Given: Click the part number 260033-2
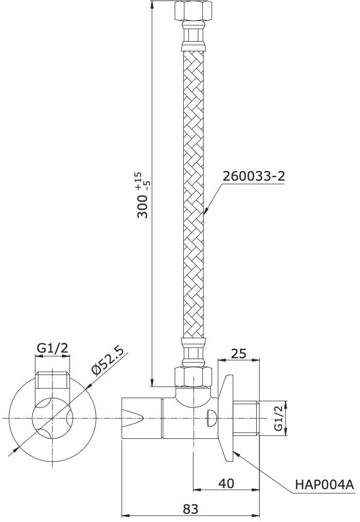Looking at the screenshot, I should (253, 176).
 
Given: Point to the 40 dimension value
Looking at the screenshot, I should (226, 483).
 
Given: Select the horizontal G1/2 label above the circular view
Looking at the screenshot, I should (52, 349).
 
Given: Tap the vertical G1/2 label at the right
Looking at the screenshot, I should (278, 418).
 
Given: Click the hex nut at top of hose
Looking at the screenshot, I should (193, 11).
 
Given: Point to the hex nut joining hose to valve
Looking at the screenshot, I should (194, 376).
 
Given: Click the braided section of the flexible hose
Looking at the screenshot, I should (194, 195).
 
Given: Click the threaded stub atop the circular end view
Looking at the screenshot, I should (52, 380).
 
